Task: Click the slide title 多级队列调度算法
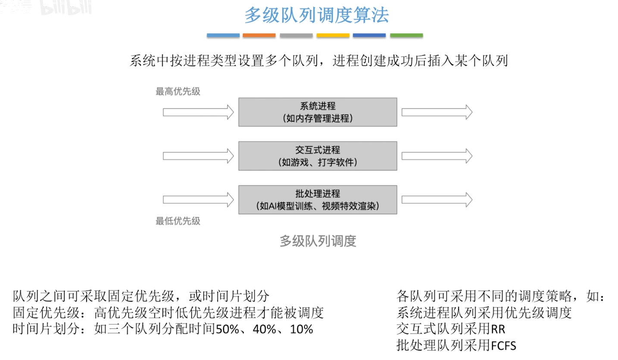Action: pyautogui.click(x=316, y=15)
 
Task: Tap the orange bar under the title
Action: pyautogui.click(x=259, y=35)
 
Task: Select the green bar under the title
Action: pyautogui.click(x=406, y=35)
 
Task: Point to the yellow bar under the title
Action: pyautogui.click(x=333, y=35)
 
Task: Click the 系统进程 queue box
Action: pyautogui.click(x=318, y=112)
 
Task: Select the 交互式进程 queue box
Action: pyautogui.click(x=318, y=156)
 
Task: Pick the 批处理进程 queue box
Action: pyautogui.click(x=318, y=200)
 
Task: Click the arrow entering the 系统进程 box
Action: pyautogui.click(x=198, y=113)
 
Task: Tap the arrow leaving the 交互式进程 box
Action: pyautogui.click(x=437, y=156)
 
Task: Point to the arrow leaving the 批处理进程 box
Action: pyautogui.click(x=437, y=200)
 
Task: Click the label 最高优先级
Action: pyautogui.click(x=178, y=91)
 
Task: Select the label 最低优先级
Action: pyautogui.click(x=178, y=221)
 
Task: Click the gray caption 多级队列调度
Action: pyautogui.click(x=318, y=241)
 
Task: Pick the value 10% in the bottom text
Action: pyautogui.click(x=301, y=329)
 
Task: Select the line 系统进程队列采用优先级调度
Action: pyautogui.click(x=484, y=313)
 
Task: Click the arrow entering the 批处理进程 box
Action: pyautogui.click(x=198, y=200)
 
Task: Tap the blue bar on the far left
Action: pyautogui.click(x=223, y=35)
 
